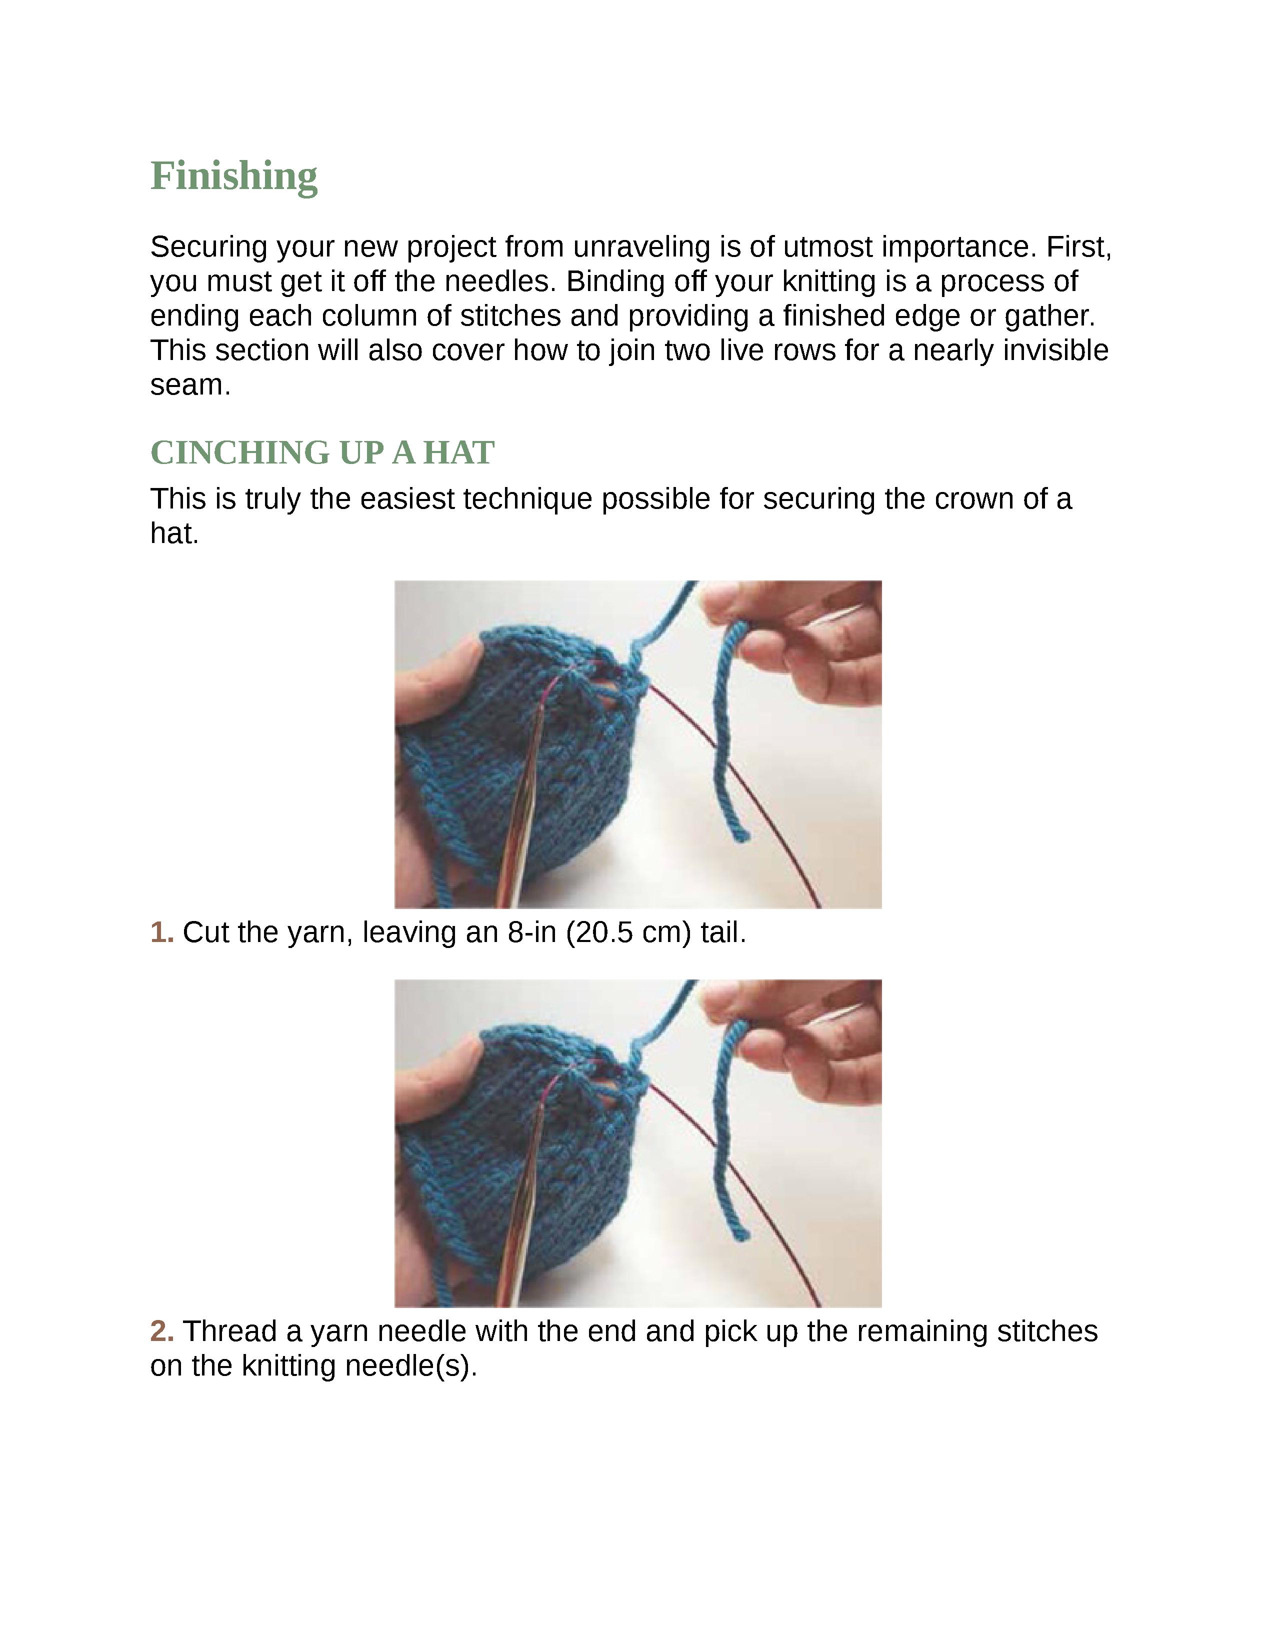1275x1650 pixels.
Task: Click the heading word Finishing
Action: [233, 176]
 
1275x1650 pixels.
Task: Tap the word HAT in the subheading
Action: [458, 452]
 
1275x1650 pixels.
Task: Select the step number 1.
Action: [161, 932]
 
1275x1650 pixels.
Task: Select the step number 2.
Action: [161, 1331]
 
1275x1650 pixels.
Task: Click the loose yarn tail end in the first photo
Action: [739, 834]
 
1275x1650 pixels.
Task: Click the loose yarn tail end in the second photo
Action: [739, 1233]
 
